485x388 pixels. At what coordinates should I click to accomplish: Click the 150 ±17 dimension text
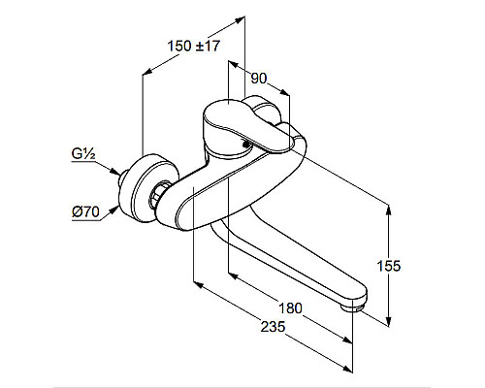click(193, 46)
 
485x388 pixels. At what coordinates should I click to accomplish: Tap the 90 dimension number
click(259, 79)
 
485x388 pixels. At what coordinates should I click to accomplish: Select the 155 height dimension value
click(389, 266)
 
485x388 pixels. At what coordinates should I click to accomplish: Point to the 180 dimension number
click(290, 308)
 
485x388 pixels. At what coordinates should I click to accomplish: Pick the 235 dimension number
click(274, 327)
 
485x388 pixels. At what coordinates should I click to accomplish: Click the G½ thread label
click(83, 154)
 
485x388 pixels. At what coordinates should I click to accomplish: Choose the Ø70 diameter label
click(85, 212)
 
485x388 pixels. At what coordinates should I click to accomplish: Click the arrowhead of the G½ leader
click(114, 172)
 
